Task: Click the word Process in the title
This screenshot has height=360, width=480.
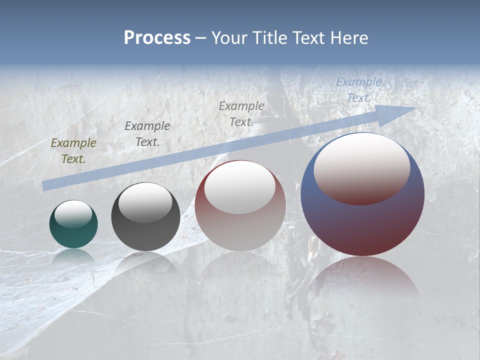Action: point(157,38)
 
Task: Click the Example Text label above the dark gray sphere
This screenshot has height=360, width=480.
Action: point(147,134)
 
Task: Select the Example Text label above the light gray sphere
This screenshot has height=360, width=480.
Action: point(241,113)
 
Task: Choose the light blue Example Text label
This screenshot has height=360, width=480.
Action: point(359,90)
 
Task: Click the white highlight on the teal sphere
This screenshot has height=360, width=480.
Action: point(73,214)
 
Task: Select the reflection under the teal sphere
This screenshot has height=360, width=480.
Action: point(73,256)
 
